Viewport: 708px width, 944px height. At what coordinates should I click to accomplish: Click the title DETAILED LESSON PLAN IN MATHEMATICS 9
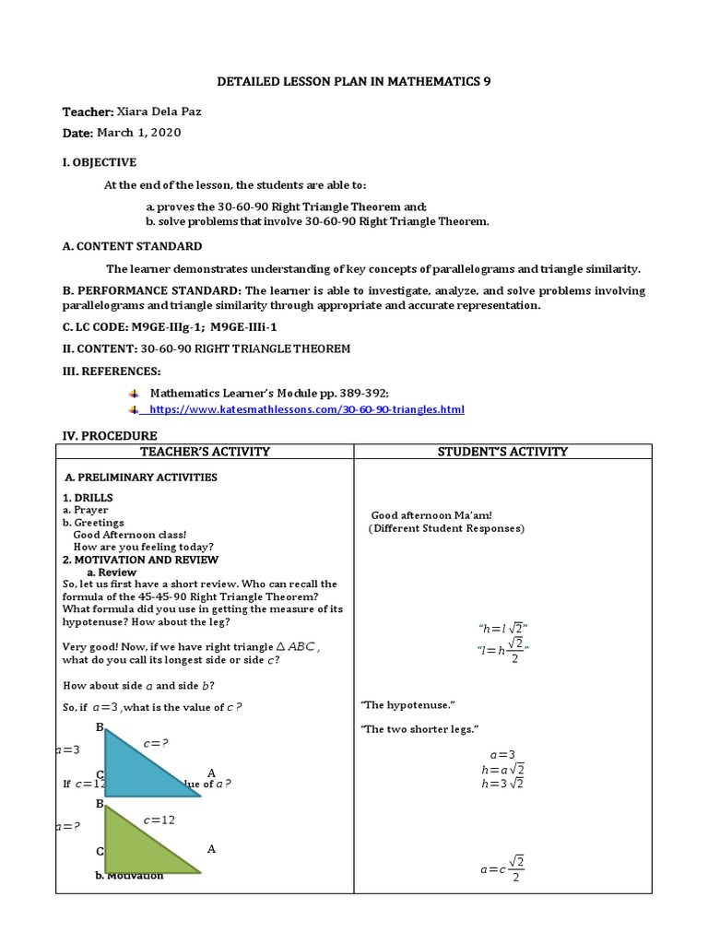354,82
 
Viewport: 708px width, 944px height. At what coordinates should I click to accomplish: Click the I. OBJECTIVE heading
100,162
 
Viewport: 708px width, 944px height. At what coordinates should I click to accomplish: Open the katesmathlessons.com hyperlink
306,409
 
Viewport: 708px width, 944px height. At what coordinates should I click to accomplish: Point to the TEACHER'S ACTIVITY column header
205,452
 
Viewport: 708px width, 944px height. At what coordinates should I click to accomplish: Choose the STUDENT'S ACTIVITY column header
502,452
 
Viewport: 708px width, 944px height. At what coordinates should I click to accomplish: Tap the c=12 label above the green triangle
159,820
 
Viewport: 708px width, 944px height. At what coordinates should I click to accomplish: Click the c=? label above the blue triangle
156,743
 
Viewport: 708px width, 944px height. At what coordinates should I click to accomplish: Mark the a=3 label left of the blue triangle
68,750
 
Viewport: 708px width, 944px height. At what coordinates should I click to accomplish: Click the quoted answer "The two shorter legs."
419,730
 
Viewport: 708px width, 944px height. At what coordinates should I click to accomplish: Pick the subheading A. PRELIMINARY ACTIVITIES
141,478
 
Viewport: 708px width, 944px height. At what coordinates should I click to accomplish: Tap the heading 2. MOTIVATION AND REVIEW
140,560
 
